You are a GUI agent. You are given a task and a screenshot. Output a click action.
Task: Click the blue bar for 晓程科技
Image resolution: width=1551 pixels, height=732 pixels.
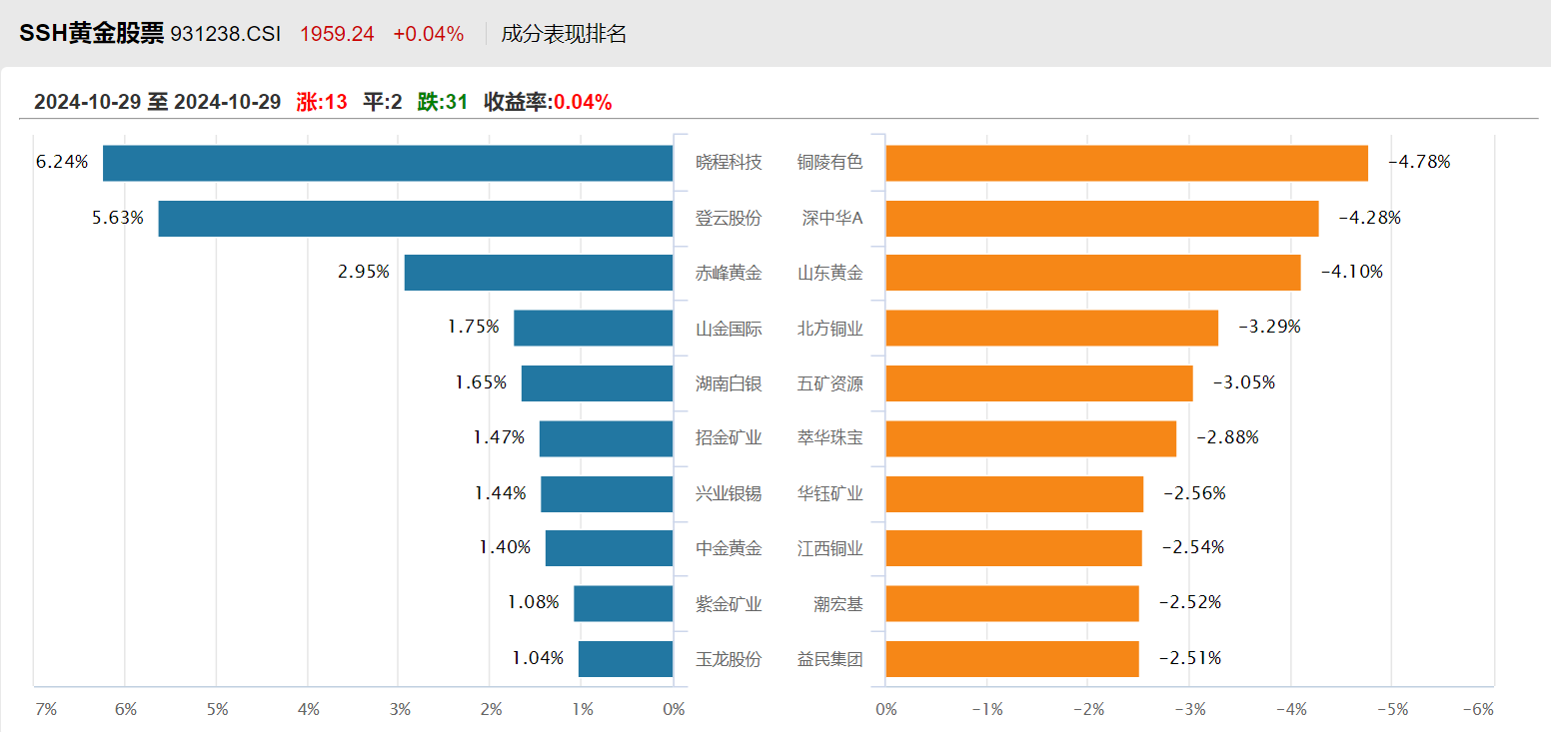click(x=388, y=163)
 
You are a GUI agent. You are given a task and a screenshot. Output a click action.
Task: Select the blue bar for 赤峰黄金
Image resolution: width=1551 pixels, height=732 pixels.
click(x=539, y=273)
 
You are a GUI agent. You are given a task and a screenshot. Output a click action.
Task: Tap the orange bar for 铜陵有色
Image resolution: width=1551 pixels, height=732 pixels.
click(x=1126, y=163)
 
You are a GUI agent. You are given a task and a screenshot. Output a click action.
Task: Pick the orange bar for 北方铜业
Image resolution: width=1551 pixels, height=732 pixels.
click(x=1051, y=328)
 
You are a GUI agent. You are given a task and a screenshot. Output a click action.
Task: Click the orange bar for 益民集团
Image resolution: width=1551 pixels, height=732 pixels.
click(x=1011, y=659)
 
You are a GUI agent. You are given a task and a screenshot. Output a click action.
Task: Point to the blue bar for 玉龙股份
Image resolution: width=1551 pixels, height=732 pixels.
click(x=626, y=659)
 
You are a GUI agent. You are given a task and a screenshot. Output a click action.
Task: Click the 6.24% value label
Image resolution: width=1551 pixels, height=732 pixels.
click(x=62, y=161)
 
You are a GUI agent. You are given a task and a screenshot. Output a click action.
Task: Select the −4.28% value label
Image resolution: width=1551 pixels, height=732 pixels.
click(x=1369, y=217)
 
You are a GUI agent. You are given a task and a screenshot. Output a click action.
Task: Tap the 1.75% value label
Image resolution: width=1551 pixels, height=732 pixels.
click(x=474, y=326)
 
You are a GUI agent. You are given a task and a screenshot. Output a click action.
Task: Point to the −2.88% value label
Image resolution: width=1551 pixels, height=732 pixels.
click(x=1227, y=436)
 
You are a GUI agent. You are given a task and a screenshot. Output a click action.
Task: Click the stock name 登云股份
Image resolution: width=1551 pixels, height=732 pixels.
click(x=729, y=218)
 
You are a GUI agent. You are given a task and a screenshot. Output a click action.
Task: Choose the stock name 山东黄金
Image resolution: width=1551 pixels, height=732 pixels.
click(x=829, y=273)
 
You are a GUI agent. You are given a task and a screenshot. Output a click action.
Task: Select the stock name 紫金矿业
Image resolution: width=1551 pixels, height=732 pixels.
click(x=729, y=603)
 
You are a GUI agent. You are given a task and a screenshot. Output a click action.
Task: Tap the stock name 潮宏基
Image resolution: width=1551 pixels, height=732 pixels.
click(x=837, y=603)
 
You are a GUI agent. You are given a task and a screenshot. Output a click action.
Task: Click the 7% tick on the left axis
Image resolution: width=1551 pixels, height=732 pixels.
click(x=46, y=709)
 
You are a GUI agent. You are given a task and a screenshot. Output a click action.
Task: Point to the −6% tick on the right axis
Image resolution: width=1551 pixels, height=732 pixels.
click(x=1477, y=709)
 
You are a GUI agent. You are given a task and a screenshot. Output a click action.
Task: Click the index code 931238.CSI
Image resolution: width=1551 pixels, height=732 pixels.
click(x=226, y=34)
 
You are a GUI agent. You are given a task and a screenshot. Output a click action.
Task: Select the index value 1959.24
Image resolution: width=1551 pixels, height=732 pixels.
click(x=337, y=34)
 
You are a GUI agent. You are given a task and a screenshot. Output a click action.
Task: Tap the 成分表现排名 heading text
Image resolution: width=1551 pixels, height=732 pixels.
click(x=564, y=34)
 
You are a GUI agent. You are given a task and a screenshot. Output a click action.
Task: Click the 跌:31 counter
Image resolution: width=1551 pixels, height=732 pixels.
click(x=443, y=101)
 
